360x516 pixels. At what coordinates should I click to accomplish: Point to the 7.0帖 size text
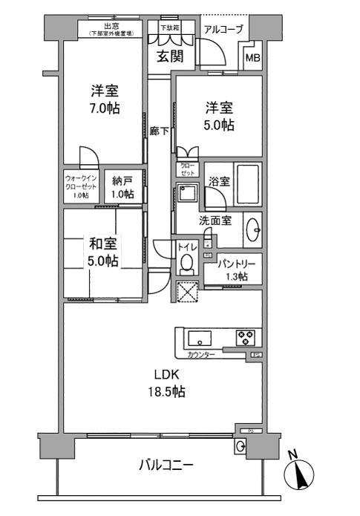(x=105, y=108)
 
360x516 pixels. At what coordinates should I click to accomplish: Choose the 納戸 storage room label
(x=123, y=189)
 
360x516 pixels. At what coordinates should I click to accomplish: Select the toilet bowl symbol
(x=186, y=264)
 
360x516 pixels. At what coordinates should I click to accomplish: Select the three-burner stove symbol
(x=246, y=338)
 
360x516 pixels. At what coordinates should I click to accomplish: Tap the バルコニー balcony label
(x=167, y=466)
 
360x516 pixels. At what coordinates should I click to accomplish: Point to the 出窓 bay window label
(x=111, y=26)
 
